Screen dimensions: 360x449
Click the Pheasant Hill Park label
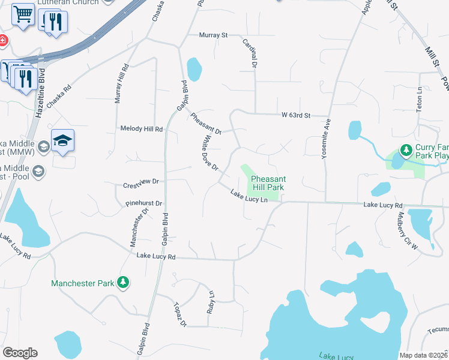click(268, 183)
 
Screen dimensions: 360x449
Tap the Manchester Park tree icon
click(123, 282)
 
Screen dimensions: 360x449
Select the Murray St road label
click(213, 35)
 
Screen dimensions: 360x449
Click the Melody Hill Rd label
click(142, 129)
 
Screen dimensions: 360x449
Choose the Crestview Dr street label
click(140, 181)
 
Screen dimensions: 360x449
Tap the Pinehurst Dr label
click(144, 204)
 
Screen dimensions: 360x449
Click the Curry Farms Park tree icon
click(406, 149)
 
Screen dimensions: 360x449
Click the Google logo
click(20, 353)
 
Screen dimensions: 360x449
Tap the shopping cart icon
click(23, 13)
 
